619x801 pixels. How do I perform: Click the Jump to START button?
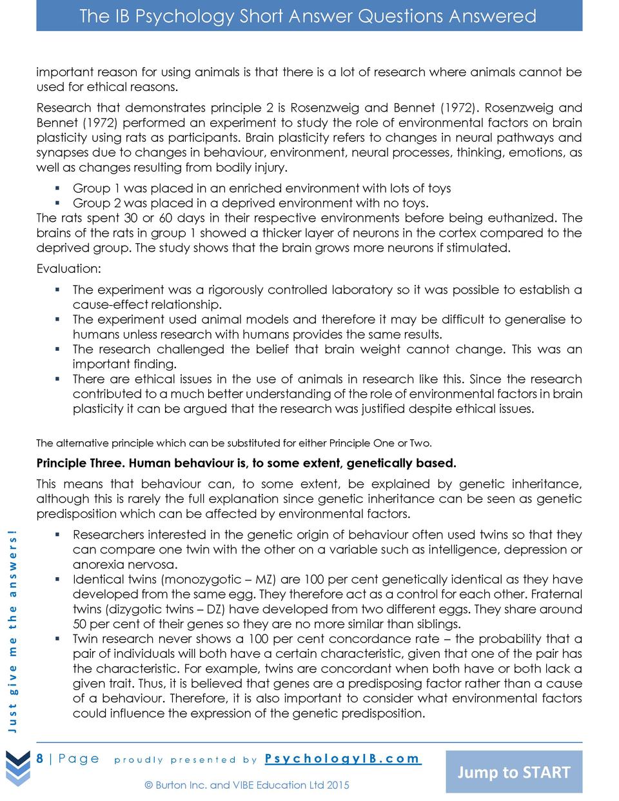[x=514, y=772]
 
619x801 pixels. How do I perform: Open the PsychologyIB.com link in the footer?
[x=343, y=758]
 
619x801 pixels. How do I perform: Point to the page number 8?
[x=40, y=758]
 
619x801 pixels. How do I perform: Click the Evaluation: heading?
[x=68, y=268]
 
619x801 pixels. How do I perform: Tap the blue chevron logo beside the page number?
[x=18, y=767]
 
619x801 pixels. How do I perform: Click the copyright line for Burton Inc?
[x=247, y=785]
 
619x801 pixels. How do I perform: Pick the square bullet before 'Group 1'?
[x=57, y=188]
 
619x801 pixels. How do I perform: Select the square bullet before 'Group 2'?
[x=57, y=203]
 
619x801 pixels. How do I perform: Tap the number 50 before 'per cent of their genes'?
[x=80, y=624]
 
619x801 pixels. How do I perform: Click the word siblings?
[x=435, y=624]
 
